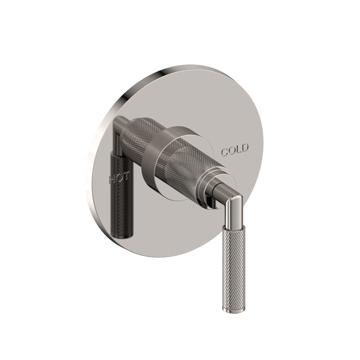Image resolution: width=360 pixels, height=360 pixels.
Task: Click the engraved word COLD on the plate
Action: point(235,151)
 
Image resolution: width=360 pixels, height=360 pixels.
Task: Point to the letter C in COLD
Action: point(225,152)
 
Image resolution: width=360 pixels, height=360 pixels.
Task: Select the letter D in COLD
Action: point(245,149)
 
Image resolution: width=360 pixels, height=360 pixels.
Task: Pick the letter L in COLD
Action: point(239,150)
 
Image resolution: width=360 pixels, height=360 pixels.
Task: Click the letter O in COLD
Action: point(232,151)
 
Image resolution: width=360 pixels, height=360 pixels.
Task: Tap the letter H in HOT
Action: point(113,179)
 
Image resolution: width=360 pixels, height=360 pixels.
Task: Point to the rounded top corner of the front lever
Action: point(237,198)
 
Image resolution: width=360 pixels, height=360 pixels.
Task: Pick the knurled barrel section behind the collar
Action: point(138,134)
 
